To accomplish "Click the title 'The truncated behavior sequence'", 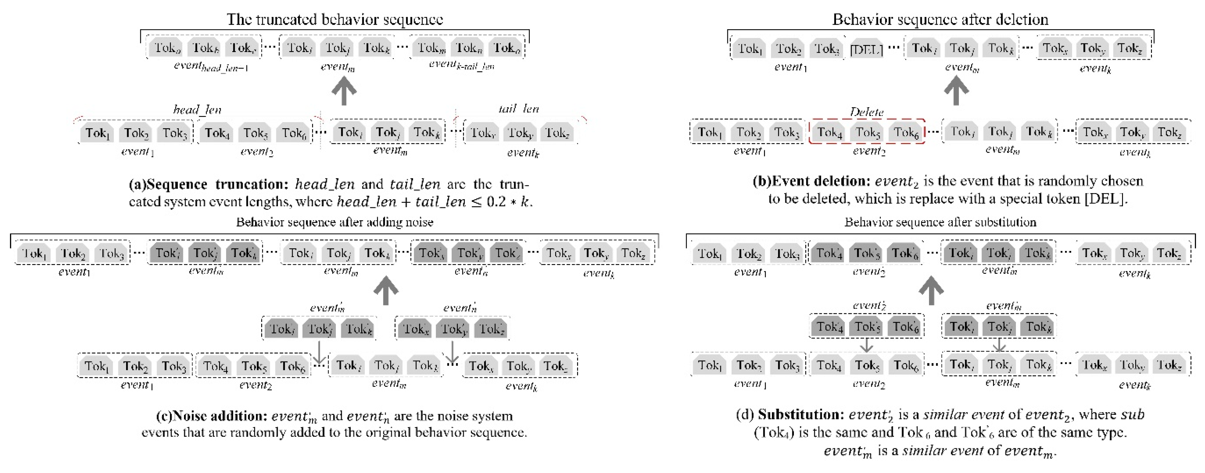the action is coord(335,19).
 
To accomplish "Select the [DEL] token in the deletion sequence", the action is coord(866,49).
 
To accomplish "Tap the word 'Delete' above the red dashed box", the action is coord(866,112).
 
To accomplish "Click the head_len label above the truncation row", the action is coord(197,110).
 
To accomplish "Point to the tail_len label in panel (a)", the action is coord(518,109).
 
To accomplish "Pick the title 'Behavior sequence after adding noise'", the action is coord(335,222).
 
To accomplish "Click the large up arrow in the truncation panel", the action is coord(344,91).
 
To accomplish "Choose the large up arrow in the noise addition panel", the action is coord(386,291).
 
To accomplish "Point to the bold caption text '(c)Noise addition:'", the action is coord(211,415).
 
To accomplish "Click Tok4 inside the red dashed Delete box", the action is coord(829,133).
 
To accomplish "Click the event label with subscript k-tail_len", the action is coord(461,65).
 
